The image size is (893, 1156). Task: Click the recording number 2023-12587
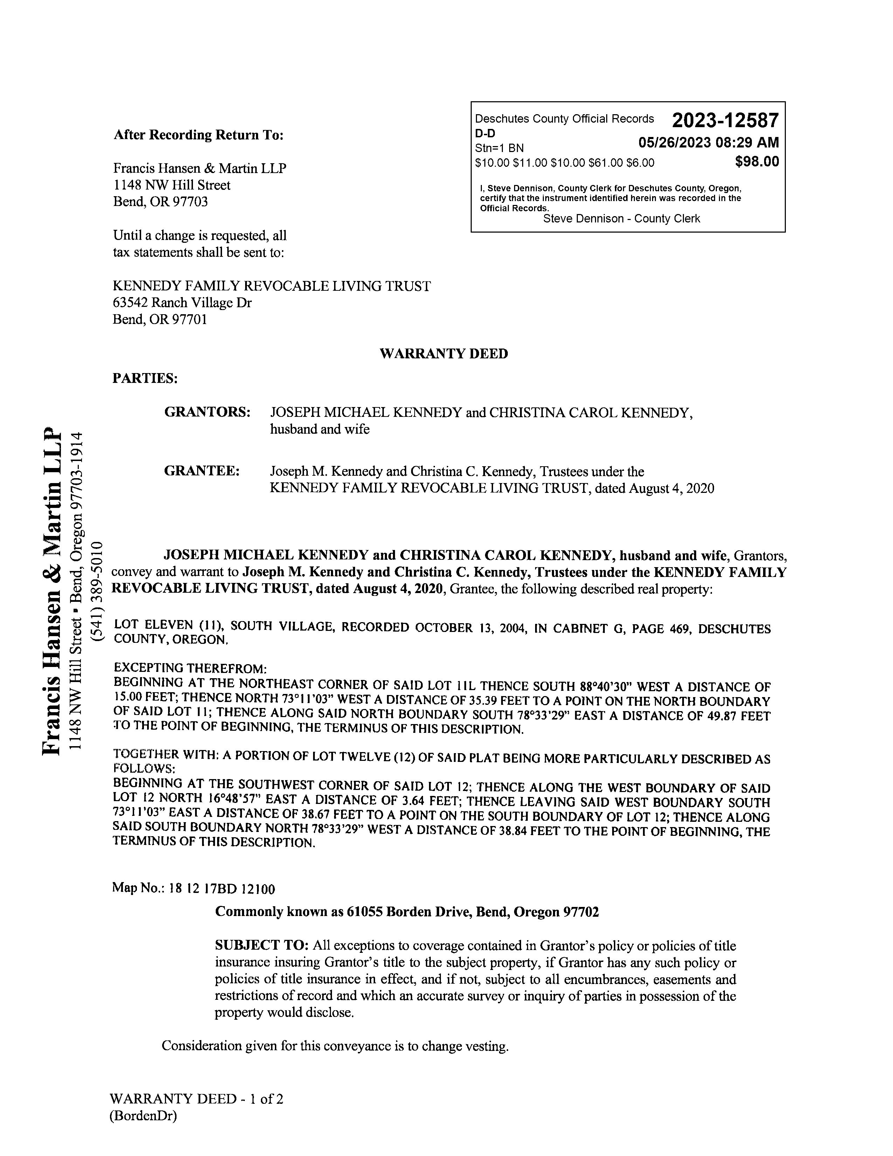click(725, 121)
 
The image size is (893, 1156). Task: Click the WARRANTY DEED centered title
click(443, 353)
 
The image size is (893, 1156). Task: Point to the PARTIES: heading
click(145, 378)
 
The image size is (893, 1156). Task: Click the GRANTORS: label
click(207, 412)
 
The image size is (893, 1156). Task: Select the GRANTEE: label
click(202, 470)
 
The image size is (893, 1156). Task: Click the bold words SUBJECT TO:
click(261, 945)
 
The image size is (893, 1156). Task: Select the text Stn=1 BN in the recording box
click(499, 148)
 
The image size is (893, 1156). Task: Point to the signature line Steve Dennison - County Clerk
click(621, 219)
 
